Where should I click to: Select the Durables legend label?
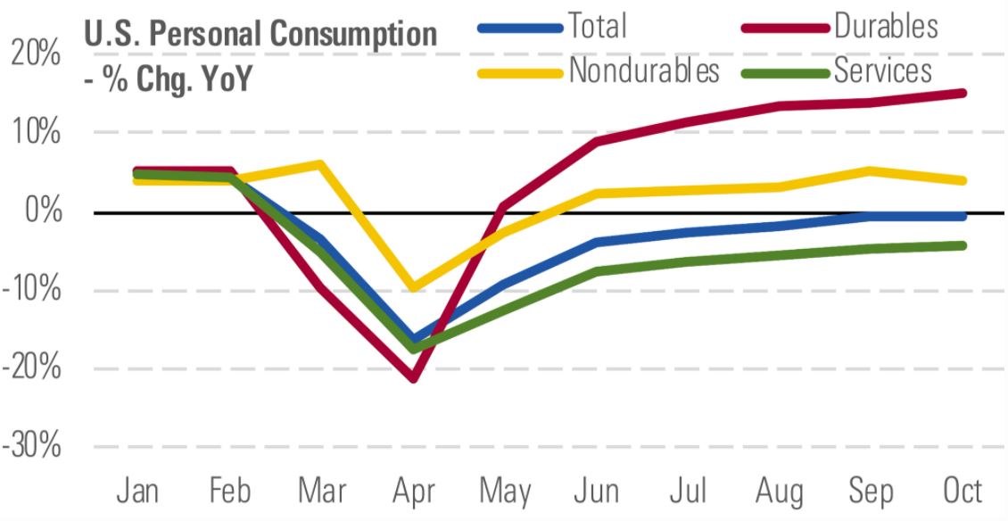click(x=885, y=26)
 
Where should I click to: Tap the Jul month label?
click(x=688, y=492)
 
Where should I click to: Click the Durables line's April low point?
click(x=413, y=378)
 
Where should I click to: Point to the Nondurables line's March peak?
click(x=320, y=164)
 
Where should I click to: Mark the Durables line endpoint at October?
click(x=963, y=93)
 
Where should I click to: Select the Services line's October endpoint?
click(x=963, y=245)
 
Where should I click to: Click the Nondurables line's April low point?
click(x=413, y=288)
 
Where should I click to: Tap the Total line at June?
click(x=596, y=242)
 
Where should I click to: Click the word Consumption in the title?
click(x=351, y=36)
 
